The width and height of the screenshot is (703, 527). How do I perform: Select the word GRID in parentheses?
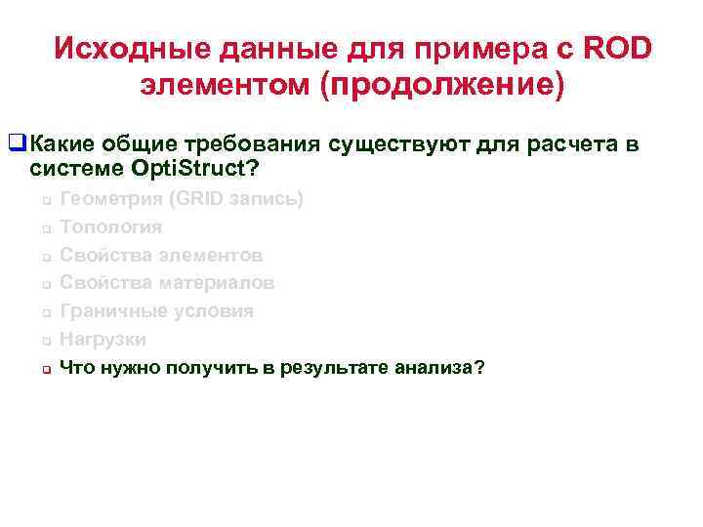pyautogui.click(x=200, y=199)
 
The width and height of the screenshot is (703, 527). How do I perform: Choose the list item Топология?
pyautogui.click(x=111, y=227)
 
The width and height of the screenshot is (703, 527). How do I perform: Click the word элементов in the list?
pyautogui.click(x=213, y=256)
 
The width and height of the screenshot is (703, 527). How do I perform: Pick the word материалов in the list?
pyautogui.click(x=219, y=283)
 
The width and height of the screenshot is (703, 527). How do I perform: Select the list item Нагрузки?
pyautogui.click(x=103, y=340)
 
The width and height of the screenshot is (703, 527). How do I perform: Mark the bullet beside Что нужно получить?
pyautogui.click(x=45, y=370)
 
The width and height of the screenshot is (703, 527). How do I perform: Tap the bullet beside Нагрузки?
pyautogui.click(x=45, y=342)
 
